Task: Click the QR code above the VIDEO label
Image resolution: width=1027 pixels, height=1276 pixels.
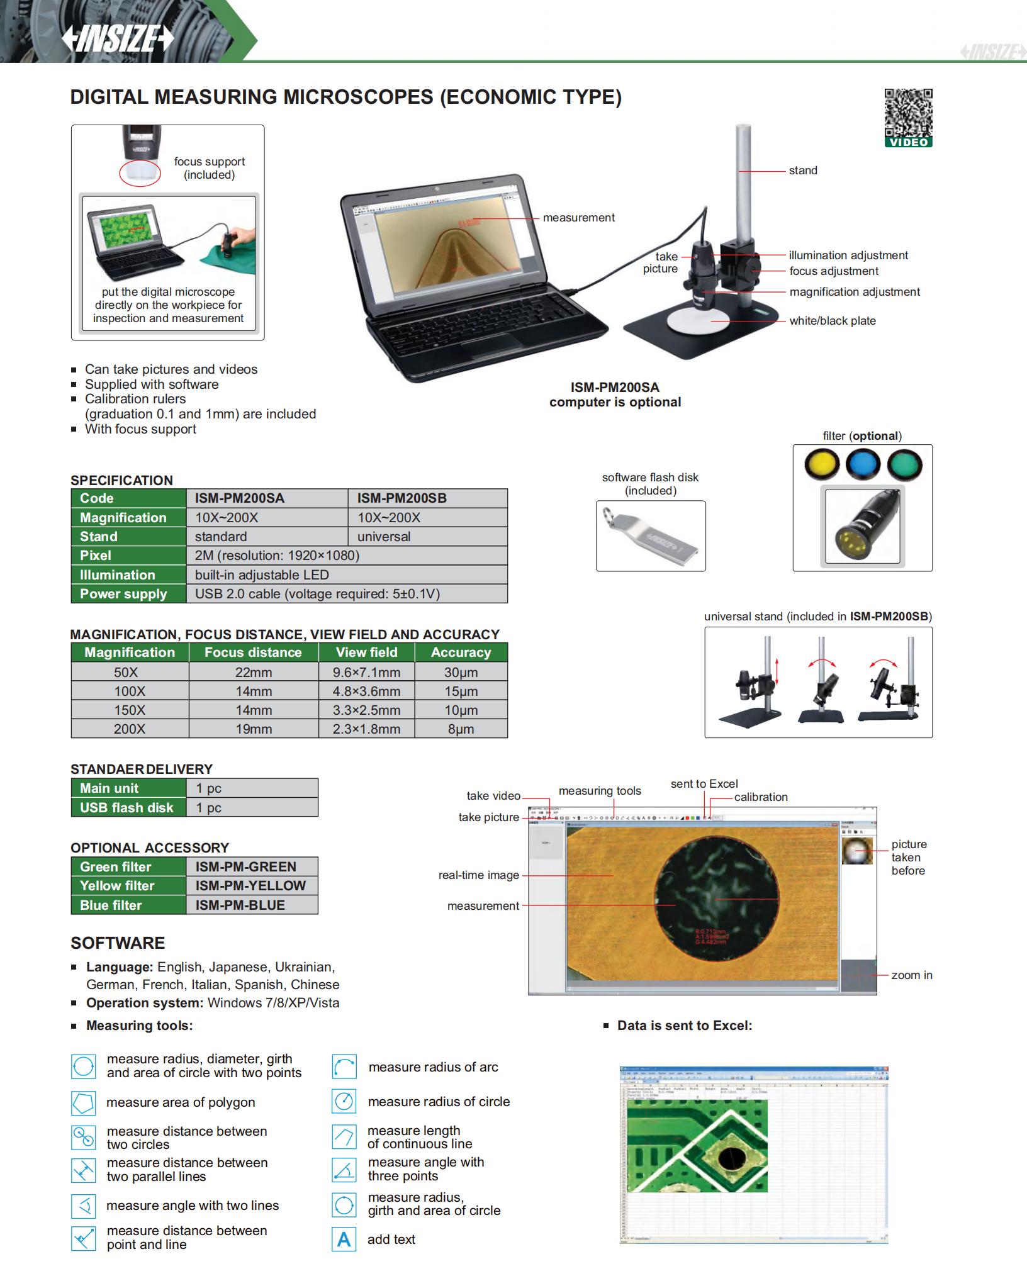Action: (x=908, y=113)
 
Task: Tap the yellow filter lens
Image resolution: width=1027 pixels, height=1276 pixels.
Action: (x=821, y=465)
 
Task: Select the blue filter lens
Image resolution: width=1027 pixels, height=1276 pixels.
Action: (x=862, y=465)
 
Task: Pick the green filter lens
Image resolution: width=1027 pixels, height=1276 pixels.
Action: (x=904, y=465)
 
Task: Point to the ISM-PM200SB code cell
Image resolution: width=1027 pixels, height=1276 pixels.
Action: (x=427, y=498)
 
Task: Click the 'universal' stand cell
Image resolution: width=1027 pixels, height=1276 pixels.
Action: (x=427, y=537)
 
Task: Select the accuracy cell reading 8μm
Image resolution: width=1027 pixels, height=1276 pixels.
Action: (x=461, y=729)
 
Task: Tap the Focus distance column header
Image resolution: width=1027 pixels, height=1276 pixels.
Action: (x=253, y=652)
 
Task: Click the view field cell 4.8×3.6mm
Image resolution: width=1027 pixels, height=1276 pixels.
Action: (x=366, y=691)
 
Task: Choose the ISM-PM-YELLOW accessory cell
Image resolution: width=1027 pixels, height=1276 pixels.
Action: (x=251, y=886)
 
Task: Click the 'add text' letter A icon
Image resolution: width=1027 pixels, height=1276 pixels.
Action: (x=344, y=1240)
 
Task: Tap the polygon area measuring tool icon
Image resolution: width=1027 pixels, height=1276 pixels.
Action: (x=84, y=1103)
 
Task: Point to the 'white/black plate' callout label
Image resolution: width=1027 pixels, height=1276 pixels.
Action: (x=833, y=321)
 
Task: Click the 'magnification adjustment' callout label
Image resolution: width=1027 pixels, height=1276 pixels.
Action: (x=855, y=292)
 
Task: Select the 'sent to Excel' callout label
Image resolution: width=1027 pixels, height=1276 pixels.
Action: (x=704, y=784)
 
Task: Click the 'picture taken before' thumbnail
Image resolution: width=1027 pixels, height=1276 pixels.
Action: (x=857, y=850)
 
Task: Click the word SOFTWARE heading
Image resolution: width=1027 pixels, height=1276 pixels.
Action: (x=118, y=943)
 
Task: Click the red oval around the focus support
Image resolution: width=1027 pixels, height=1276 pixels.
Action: (x=140, y=172)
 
